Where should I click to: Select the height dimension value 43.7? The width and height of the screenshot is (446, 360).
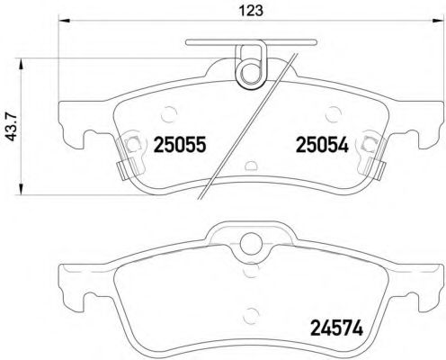click(13, 126)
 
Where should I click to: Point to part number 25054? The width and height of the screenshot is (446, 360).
click(316, 143)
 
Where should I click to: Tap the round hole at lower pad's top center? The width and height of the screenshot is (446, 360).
click(248, 240)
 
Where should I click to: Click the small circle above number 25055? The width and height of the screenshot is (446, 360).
click(170, 112)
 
